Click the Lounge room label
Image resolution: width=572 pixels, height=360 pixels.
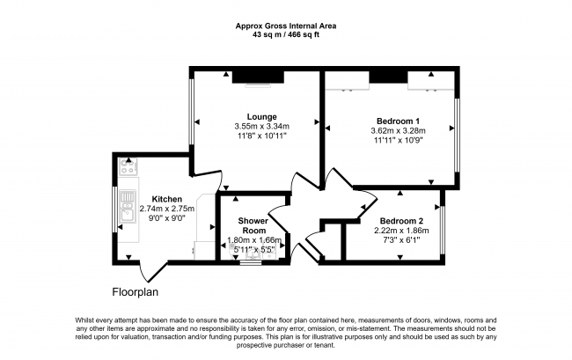coord(261,116)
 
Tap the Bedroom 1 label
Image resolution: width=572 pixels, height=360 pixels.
coord(398,121)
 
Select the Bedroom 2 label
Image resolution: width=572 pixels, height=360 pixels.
coord(401,221)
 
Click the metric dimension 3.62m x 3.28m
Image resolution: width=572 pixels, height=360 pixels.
coord(398,130)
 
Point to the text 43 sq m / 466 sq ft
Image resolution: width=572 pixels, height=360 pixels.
coord(285,34)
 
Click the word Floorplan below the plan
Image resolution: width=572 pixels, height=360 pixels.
coord(135,291)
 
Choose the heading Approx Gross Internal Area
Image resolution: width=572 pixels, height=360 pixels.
coord(285,26)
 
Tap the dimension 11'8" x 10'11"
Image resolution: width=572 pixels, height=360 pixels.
coord(261,136)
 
